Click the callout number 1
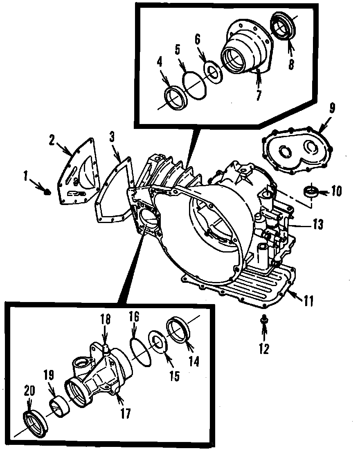coord(26,177)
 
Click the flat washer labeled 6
coord(214,72)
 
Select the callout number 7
coord(259,94)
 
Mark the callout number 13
coord(318,224)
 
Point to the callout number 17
coord(125,413)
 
